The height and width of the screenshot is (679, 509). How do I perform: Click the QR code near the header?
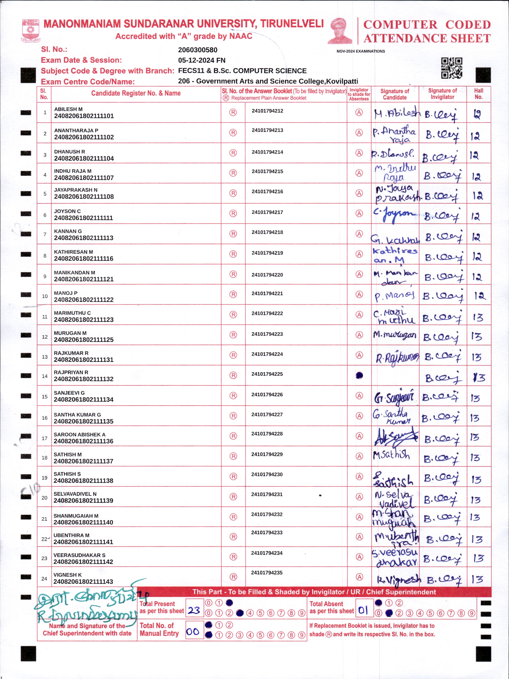[452, 68]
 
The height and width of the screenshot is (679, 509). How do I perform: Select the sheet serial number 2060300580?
[198, 50]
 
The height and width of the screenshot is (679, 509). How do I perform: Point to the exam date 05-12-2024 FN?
[202, 60]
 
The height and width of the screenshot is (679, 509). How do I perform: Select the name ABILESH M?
[68, 109]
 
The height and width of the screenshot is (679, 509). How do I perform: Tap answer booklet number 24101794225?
[267, 374]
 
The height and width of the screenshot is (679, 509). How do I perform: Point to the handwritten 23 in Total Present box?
[194, 610]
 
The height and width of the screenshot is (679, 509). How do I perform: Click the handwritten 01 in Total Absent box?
[363, 610]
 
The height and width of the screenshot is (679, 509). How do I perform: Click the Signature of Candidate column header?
[395, 94]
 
